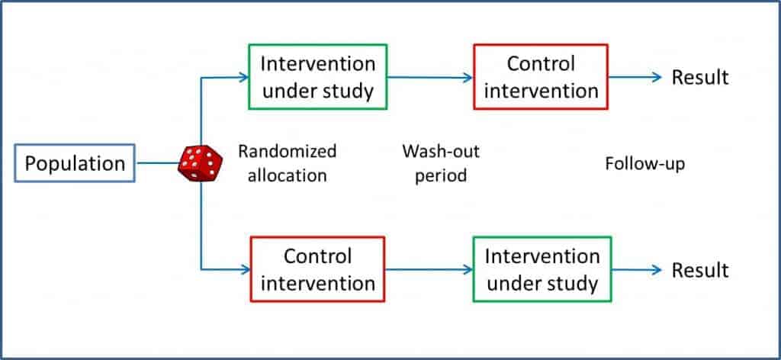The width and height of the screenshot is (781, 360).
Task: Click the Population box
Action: click(x=76, y=163)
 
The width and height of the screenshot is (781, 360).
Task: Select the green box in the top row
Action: click(x=317, y=77)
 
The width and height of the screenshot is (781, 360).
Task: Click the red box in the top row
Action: click(x=541, y=77)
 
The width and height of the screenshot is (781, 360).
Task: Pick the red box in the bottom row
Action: click(x=317, y=269)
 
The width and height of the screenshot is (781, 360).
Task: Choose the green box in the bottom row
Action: click(x=542, y=269)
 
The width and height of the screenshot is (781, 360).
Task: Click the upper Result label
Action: click(x=699, y=77)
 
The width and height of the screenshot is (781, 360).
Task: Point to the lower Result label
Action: click(x=699, y=270)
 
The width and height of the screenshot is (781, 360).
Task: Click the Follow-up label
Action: click(x=644, y=163)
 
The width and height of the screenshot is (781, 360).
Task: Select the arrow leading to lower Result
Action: click(x=637, y=269)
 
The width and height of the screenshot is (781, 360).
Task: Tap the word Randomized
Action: click(x=287, y=151)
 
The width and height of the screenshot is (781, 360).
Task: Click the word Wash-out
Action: click(x=441, y=151)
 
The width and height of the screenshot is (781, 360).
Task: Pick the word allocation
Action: click(x=282, y=175)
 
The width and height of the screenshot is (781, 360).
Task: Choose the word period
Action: click(x=441, y=175)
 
